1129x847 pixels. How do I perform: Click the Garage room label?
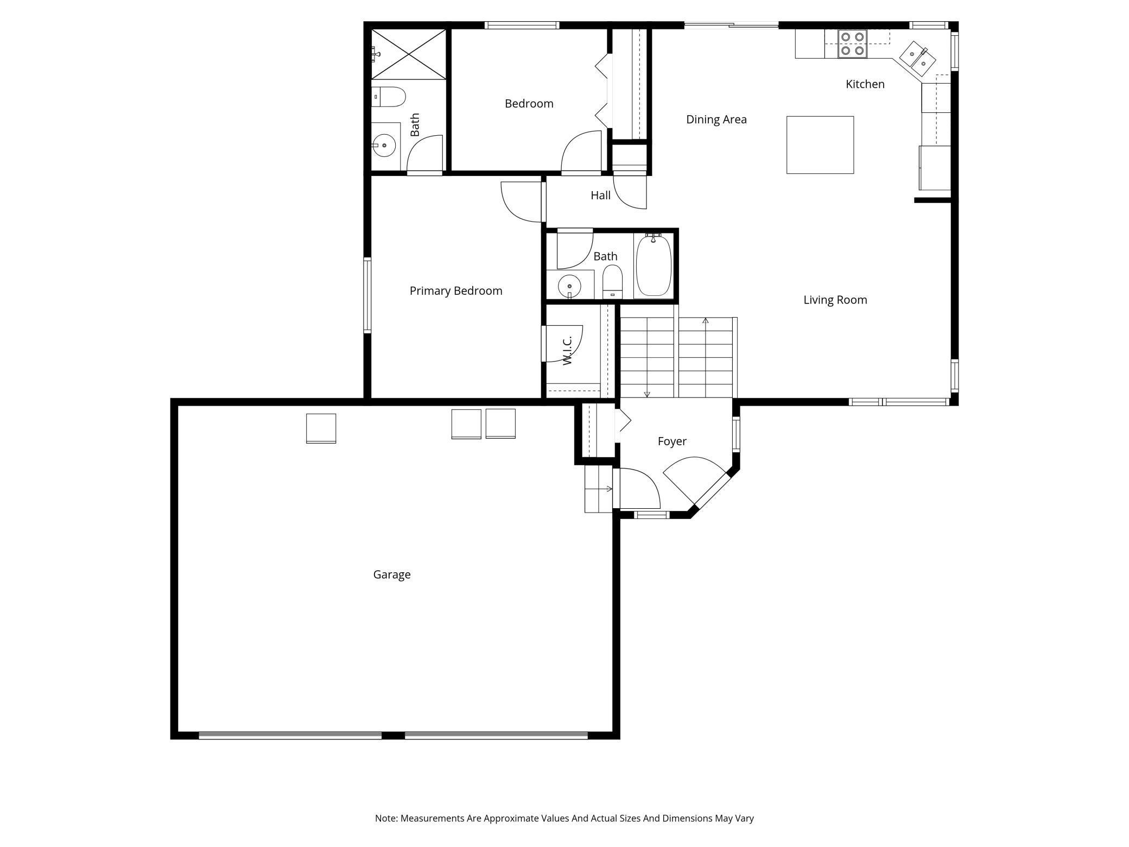coord(392,574)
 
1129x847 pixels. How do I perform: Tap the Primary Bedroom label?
coord(456,291)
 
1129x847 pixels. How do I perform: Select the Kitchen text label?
coord(865,84)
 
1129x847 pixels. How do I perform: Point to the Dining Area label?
coord(716,119)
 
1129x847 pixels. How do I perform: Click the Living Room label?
coord(835,300)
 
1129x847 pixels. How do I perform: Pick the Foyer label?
coord(672,441)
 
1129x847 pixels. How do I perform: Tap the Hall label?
coord(601,195)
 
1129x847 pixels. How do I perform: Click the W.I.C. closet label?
coord(567,350)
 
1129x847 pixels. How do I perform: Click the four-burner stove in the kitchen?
coord(852,44)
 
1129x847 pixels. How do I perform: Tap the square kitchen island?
coord(820,145)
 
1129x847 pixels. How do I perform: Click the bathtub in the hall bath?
coord(654,265)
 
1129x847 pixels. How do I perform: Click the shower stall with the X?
coord(408,54)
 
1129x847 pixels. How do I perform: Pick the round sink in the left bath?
coord(384,146)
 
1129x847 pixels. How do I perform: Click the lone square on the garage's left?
coord(321,428)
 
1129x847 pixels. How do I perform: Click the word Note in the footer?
coord(386,818)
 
